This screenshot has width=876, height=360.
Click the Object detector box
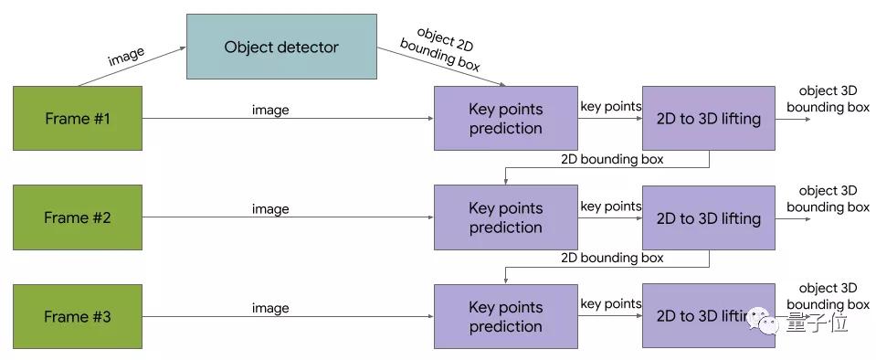click(281, 47)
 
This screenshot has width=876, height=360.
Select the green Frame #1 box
click(78, 118)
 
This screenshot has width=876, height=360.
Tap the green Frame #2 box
click(78, 217)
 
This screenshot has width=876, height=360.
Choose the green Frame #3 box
click(78, 316)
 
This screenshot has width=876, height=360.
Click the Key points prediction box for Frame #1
click(505, 118)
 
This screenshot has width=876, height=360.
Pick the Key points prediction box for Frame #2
click(505, 217)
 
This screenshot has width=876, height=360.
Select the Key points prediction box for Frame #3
click(505, 316)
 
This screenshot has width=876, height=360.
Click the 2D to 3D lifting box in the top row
click(708, 118)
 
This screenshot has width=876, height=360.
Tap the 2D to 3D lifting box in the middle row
click(708, 217)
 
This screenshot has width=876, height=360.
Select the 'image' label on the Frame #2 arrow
click(270, 209)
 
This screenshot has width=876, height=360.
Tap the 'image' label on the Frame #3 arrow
click(270, 309)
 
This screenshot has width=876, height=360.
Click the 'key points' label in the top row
click(611, 107)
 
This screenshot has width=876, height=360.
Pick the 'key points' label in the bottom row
click(611, 304)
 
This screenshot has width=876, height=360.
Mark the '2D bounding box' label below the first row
click(612, 159)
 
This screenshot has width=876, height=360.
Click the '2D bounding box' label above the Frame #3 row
click(612, 258)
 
